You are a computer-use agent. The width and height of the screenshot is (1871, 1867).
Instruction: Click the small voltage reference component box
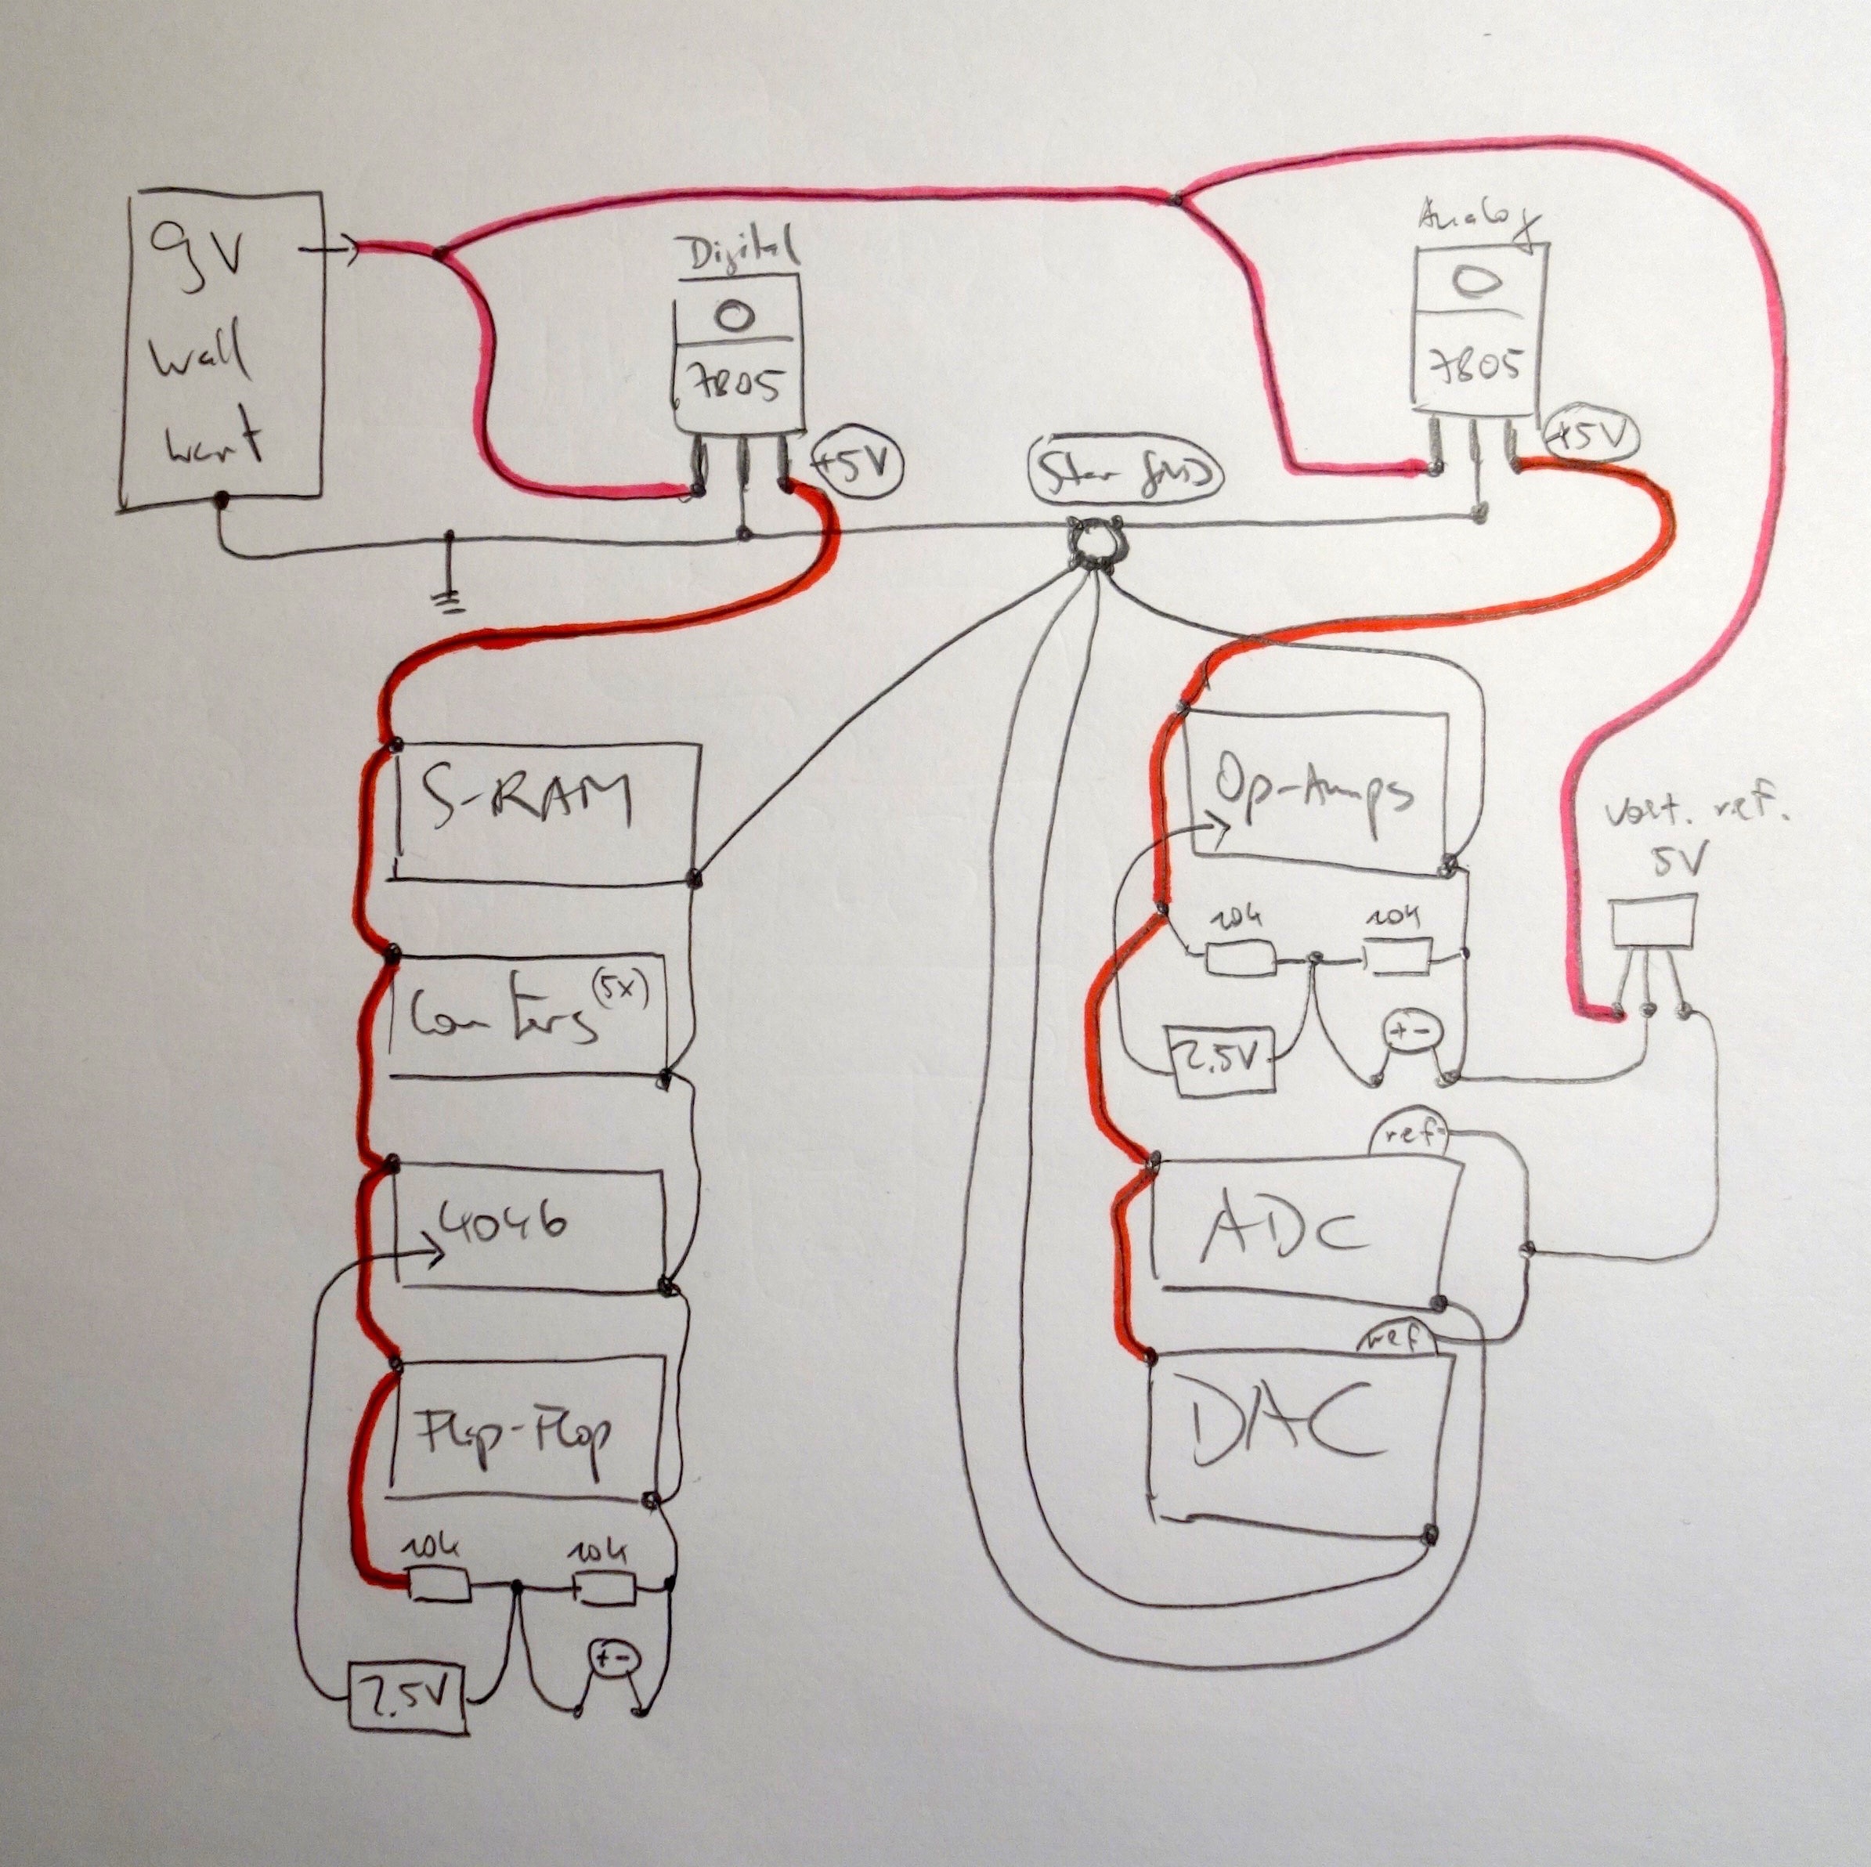1652,922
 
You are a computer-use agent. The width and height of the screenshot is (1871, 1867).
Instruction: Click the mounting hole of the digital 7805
735,315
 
